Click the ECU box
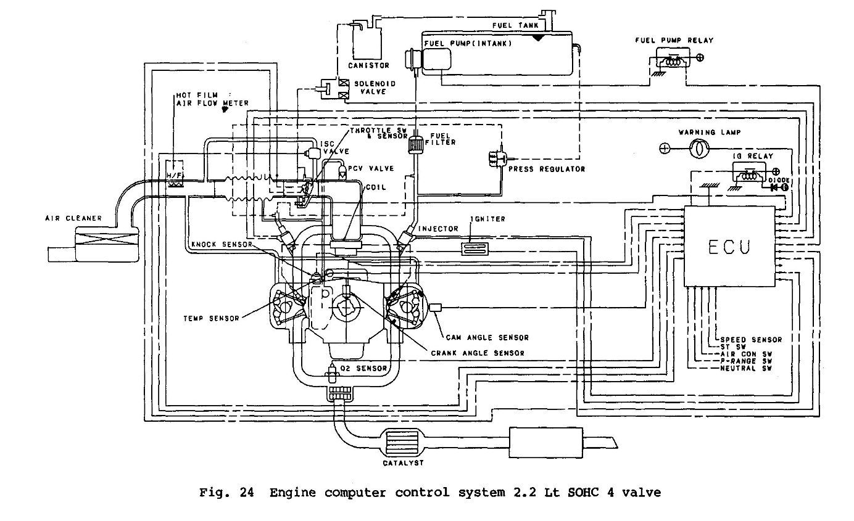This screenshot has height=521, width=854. coord(729,247)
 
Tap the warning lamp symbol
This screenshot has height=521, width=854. coord(700,149)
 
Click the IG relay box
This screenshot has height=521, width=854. coord(748,172)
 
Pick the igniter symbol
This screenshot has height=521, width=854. coord(475,249)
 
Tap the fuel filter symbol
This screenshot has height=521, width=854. coord(416,144)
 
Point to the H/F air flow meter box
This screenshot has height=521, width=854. coord(175,174)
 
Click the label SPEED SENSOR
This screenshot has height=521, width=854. coord(751,340)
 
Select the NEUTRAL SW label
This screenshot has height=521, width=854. coord(746,368)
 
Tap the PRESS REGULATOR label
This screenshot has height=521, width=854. coord(547,169)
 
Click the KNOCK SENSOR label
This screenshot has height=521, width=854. coord(222,245)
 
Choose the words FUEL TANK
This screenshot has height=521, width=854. coord(515,25)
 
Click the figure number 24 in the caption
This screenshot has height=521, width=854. coord(247,493)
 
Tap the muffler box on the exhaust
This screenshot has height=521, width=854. coord(546,443)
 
